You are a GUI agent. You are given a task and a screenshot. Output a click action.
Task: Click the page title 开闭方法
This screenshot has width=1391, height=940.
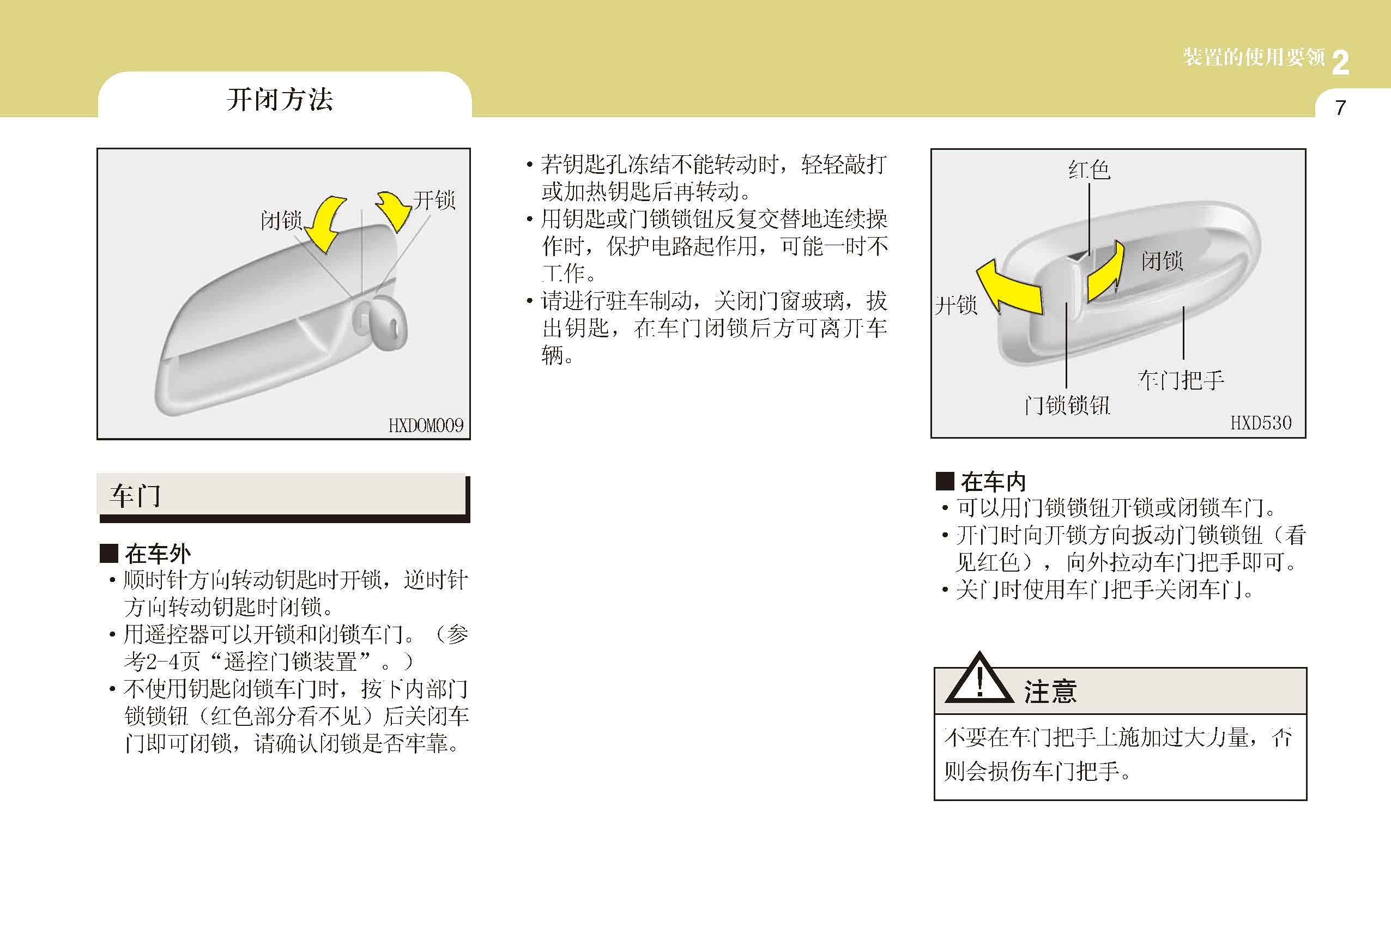tap(280, 99)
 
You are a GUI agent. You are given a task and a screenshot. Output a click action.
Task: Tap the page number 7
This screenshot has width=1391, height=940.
tap(1341, 108)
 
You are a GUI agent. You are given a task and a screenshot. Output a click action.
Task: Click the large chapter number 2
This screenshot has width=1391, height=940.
tap(1340, 63)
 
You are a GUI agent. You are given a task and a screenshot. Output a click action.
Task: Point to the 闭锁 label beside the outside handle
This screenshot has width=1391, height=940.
tap(281, 220)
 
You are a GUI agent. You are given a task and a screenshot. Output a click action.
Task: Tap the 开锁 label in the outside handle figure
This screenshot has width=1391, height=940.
tap(434, 200)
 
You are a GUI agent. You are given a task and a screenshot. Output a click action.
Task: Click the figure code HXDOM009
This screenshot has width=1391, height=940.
tap(426, 426)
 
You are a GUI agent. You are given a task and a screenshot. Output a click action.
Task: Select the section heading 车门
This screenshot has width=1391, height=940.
tap(135, 496)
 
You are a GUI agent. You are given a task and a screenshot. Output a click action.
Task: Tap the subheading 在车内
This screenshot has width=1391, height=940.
tap(994, 482)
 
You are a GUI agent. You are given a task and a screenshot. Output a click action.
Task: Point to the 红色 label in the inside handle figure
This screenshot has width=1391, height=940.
tap(1090, 170)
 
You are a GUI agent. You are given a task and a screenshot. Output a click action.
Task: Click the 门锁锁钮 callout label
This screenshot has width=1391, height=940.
tap(1067, 405)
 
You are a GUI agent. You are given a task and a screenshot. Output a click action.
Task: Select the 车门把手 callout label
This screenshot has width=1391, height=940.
tap(1181, 380)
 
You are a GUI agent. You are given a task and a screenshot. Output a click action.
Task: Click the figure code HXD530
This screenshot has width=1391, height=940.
tap(1261, 423)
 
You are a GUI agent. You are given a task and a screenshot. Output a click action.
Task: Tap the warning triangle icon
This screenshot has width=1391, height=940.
tap(979, 680)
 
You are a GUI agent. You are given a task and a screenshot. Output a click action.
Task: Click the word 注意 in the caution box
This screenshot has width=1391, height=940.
tap(1050, 692)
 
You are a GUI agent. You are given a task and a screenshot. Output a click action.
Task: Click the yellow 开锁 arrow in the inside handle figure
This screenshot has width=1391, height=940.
tap(1012, 288)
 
